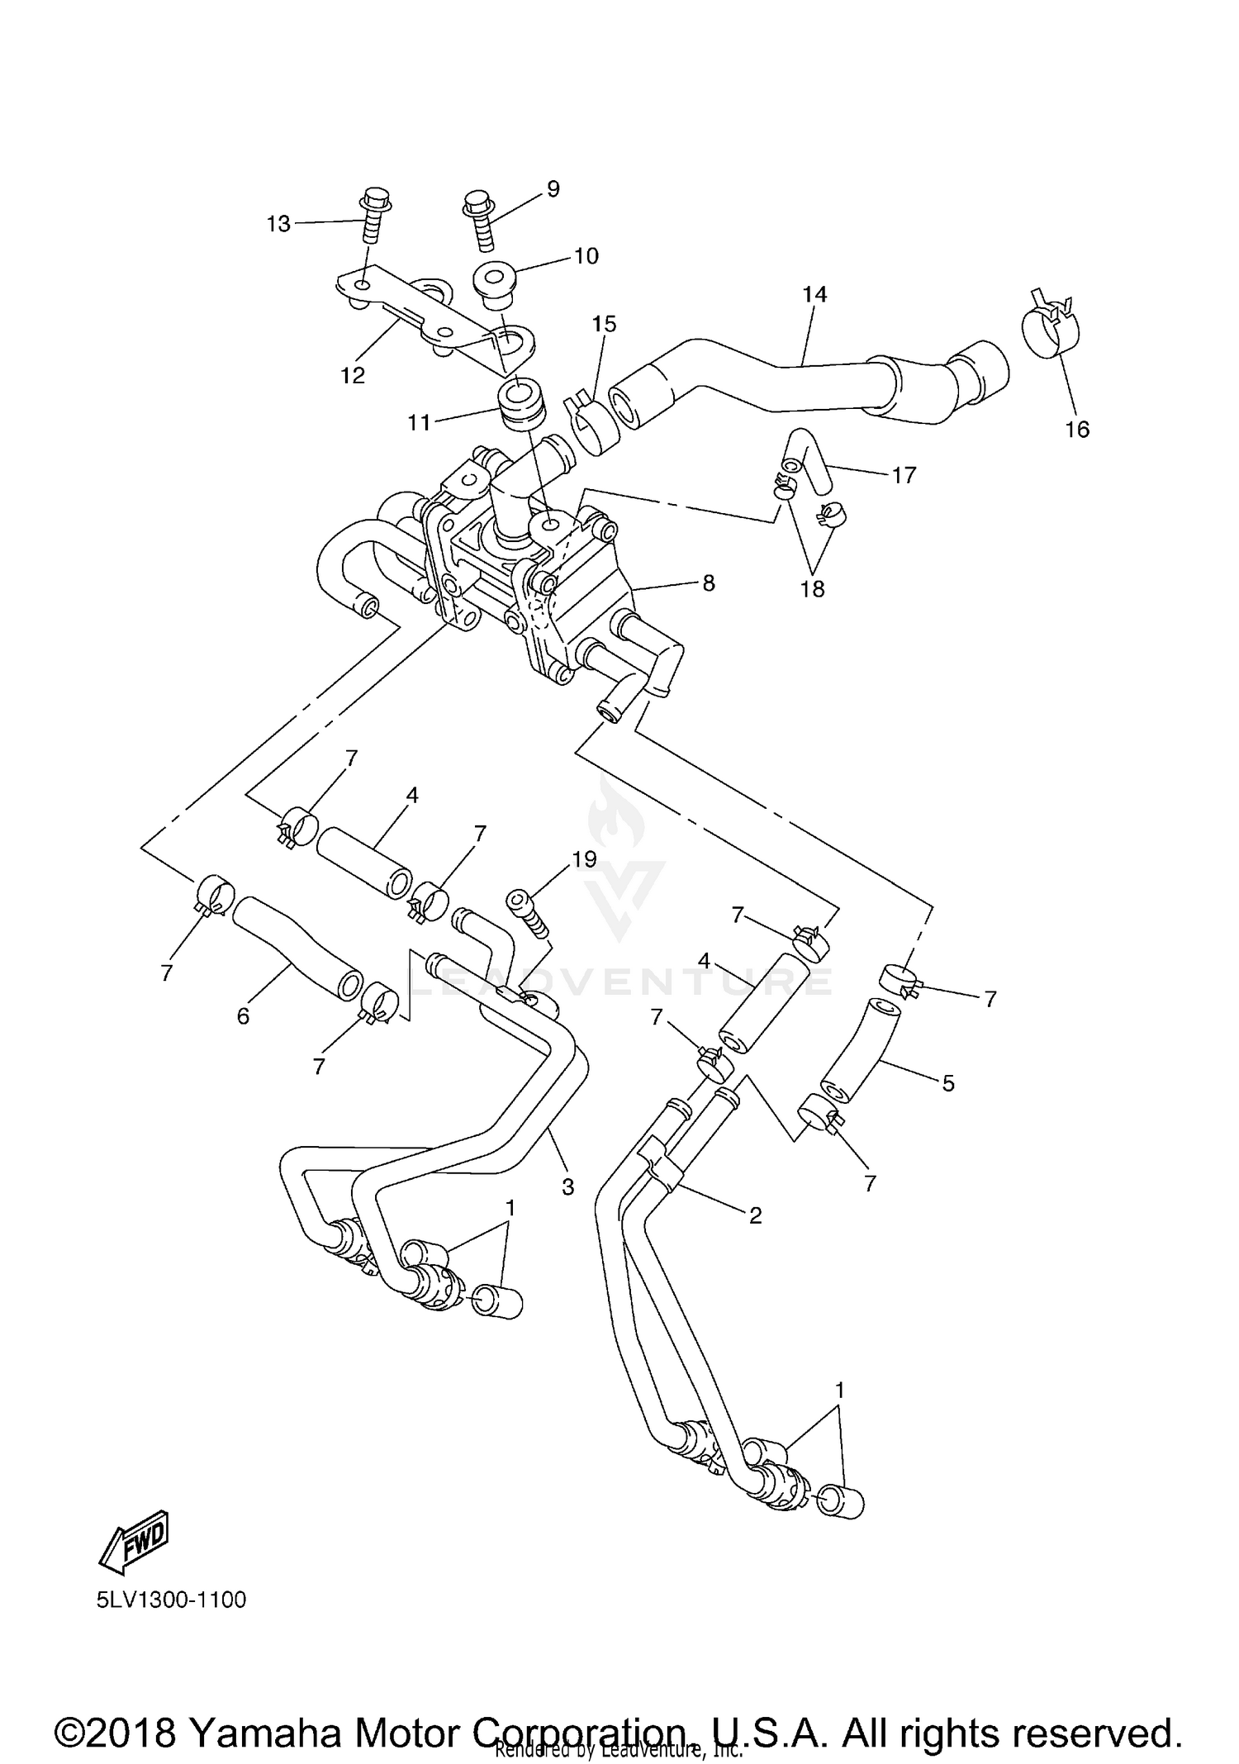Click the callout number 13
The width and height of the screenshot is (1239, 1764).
coord(278,223)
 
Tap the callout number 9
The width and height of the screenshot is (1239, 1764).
coord(553,189)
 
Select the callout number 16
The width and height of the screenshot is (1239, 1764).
coord(1077,429)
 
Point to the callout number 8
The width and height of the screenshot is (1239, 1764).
coord(708,582)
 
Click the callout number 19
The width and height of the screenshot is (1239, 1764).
coord(584,859)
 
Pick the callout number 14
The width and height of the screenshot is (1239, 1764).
coord(814,294)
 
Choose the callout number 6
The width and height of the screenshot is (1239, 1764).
coord(243,1016)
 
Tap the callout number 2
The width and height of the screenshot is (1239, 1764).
coord(755,1215)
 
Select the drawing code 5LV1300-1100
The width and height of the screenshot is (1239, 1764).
coord(172,1600)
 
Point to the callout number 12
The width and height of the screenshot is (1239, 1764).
coord(353,375)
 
